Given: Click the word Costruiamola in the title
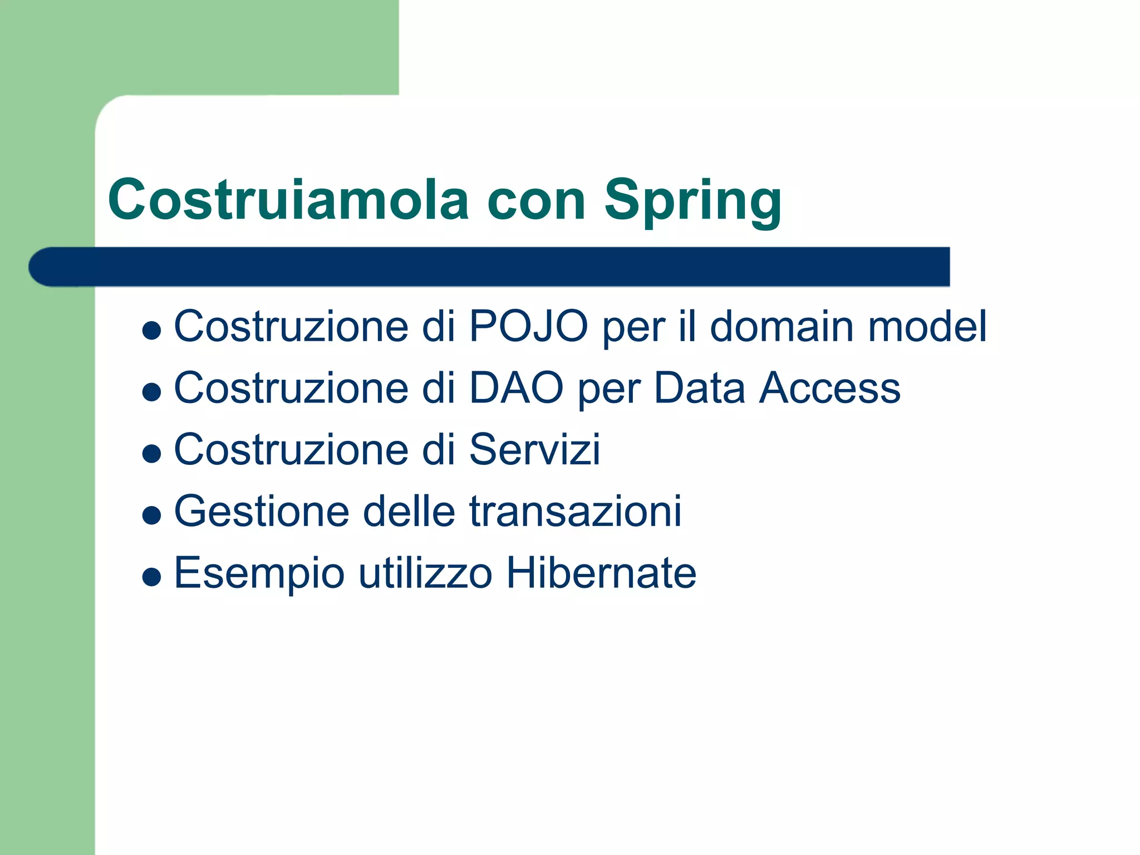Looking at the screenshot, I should click(x=288, y=199).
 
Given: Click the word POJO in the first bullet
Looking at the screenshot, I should click(x=528, y=326).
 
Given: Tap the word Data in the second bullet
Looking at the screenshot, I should click(x=699, y=388).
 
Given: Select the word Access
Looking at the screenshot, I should click(x=830, y=388).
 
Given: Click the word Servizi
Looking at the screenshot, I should click(x=535, y=449).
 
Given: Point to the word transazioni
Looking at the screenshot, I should click(x=575, y=511).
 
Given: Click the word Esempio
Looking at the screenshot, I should click(x=259, y=573).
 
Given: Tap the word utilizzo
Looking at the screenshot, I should click(x=426, y=573).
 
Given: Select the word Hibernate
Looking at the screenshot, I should click(x=601, y=573).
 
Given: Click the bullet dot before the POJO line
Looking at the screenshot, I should click(x=151, y=331).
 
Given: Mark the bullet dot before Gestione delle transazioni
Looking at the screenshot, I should click(x=151, y=515).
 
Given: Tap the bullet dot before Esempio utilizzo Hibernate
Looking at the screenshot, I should click(x=151, y=577).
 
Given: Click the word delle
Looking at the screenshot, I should click(x=409, y=511).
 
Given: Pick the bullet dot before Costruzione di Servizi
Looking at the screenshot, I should click(x=151, y=454).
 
